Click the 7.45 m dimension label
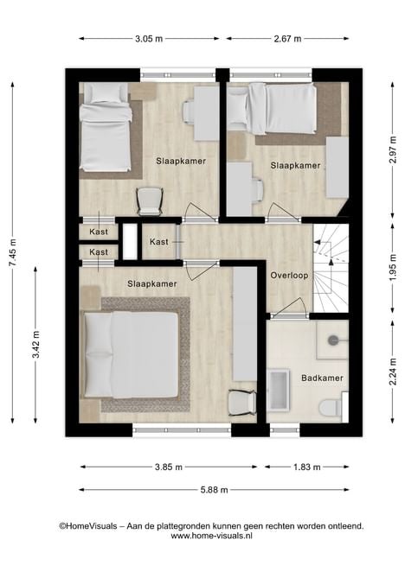point(14,252)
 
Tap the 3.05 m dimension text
point(149,39)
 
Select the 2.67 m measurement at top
point(287,39)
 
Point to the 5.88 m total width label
point(215,490)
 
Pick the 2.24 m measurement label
point(393,372)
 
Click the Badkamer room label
point(322,378)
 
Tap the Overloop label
point(289,276)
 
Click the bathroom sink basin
point(280,389)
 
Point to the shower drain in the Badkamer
point(332,340)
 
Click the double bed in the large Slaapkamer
point(132,355)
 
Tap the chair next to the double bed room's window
point(242,403)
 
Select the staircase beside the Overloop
point(331,268)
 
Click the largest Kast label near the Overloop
point(159,242)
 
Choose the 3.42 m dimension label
point(36,345)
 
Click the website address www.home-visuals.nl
point(212,536)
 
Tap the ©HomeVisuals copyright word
point(88,526)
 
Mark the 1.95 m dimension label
point(393,268)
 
